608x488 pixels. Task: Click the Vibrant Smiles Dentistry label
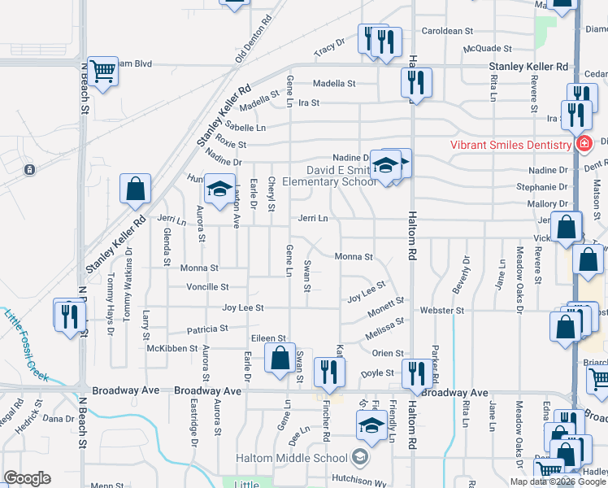point(511,145)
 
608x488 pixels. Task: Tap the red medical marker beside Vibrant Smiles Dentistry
point(583,145)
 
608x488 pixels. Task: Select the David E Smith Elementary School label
point(341,176)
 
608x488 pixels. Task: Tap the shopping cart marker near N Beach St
point(103,73)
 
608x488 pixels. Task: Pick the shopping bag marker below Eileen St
point(280,358)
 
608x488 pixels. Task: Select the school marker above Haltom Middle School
point(371,425)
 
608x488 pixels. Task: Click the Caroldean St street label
point(447,31)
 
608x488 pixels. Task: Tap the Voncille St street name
point(208,287)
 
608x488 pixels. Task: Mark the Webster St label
point(442,310)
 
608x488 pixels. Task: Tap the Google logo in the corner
point(28,478)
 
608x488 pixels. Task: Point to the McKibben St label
point(172,348)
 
